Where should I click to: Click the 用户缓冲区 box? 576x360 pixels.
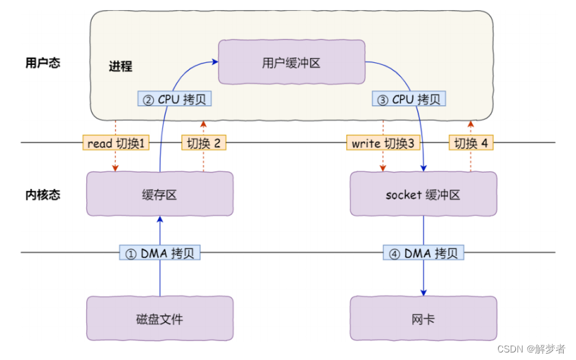tap(291, 62)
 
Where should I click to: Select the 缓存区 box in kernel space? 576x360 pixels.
tap(160, 194)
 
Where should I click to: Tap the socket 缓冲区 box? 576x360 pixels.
tap(423, 194)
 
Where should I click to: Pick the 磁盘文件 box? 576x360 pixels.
tap(160, 318)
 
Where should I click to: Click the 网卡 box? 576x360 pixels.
tap(423, 318)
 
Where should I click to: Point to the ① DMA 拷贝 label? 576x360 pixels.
tap(160, 253)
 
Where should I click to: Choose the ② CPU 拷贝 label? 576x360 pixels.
tap(174, 99)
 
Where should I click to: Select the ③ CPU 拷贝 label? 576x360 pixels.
tap(409, 99)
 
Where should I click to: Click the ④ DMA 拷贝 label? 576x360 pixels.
tap(423, 253)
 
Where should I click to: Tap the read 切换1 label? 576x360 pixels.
tap(116, 142)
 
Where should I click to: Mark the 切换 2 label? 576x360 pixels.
tap(203, 142)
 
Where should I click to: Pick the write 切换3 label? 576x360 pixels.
tap(383, 142)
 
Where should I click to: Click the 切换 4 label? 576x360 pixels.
tap(471, 142)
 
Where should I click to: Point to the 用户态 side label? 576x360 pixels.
tap(42, 63)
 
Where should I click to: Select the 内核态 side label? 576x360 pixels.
tap(42, 194)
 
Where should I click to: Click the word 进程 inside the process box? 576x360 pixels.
tap(120, 66)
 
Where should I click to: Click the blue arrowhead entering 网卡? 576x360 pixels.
tap(423, 293)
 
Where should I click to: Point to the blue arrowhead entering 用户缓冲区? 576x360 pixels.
tap(215, 62)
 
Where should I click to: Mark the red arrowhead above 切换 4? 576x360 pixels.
tap(471, 124)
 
